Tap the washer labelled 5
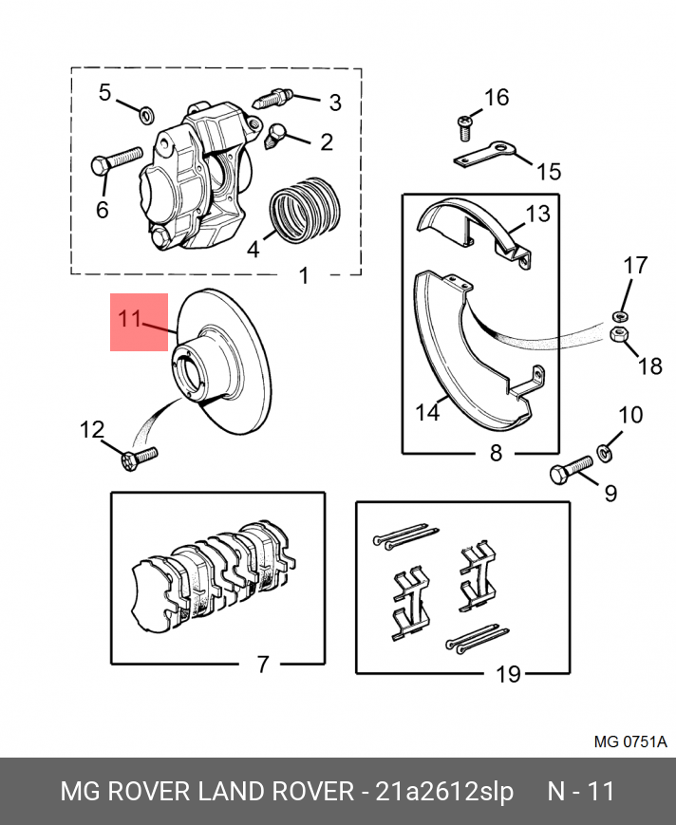(x=147, y=116)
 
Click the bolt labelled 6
(x=115, y=159)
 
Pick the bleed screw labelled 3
(x=276, y=98)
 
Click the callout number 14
(x=427, y=412)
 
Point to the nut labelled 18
(x=616, y=334)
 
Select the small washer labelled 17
(x=618, y=314)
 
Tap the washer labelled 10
(x=604, y=447)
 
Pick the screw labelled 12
(x=140, y=459)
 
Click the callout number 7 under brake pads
(x=263, y=664)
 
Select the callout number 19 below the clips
(x=509, y=674)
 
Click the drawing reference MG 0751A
(x=630, y=741)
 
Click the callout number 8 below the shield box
(x=495, y=453)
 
